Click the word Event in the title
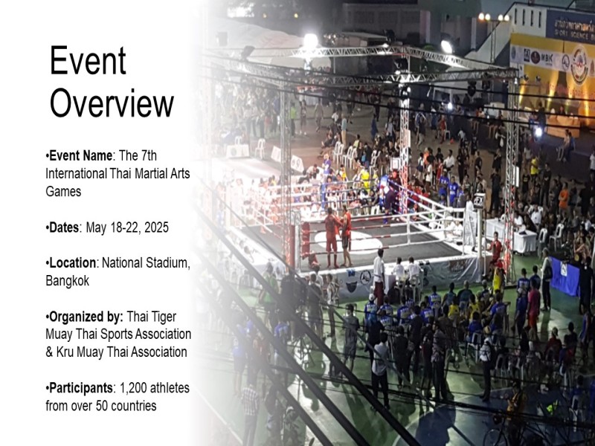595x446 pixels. tap(88, 60)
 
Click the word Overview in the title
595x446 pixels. tap(112, 103)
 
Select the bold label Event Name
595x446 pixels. tap(80, 155)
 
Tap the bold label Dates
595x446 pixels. tap(64, 227)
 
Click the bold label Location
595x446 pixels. tap(72, 263)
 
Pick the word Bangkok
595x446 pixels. tap(68, 281)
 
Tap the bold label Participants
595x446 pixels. tap(81, 388)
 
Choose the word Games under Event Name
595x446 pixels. tap(63, 191)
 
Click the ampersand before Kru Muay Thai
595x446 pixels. tap(49, 352)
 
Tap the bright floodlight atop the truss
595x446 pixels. tap(311, 41)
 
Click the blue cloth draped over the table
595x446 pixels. tap(565, 276)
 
